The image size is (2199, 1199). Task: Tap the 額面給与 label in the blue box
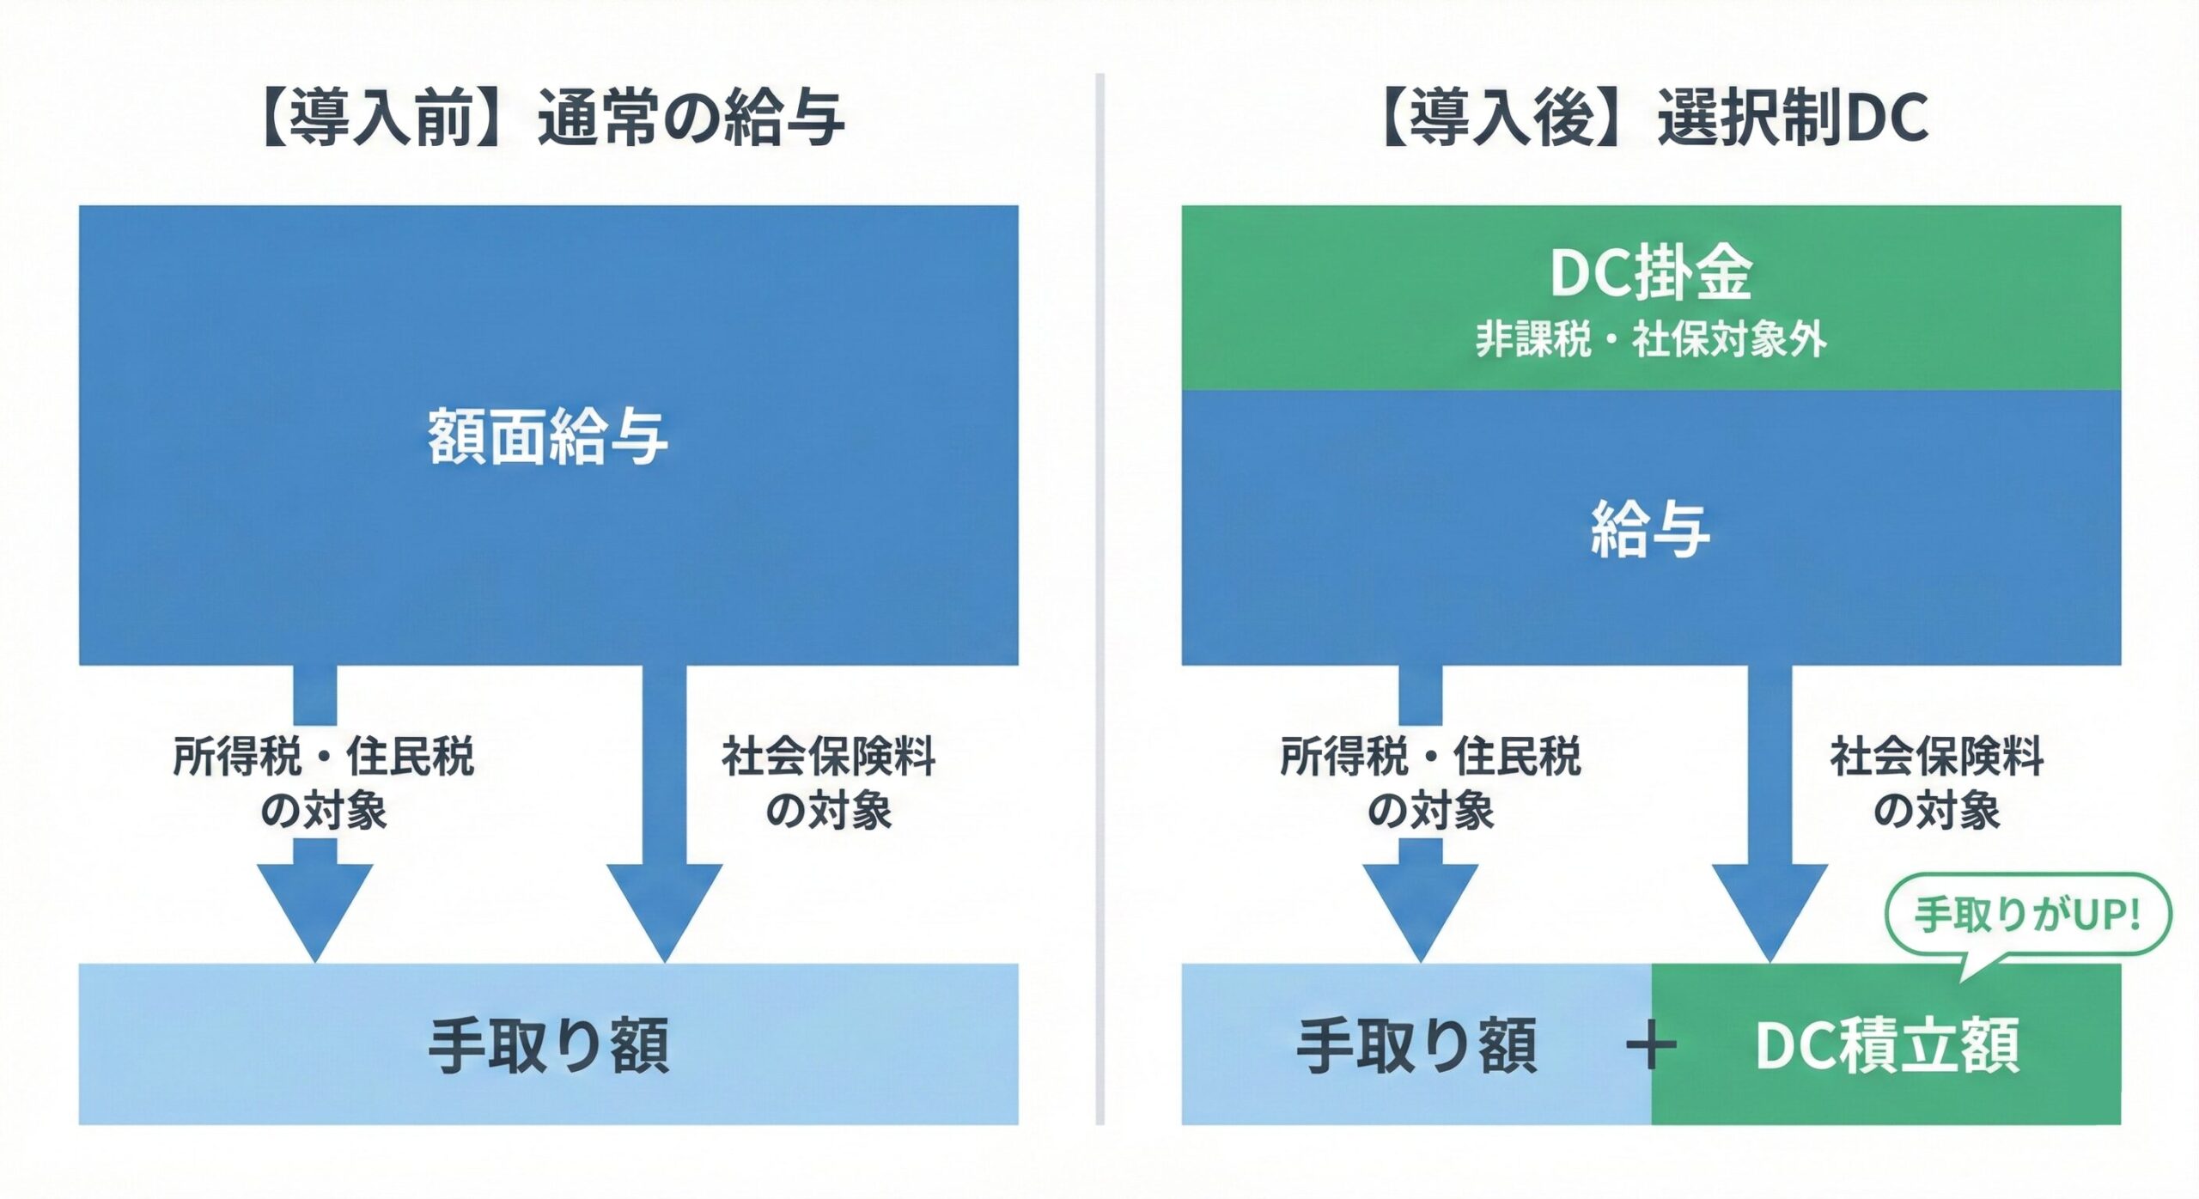(x=548, y=436)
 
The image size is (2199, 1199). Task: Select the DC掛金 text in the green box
(x=1651, y=273)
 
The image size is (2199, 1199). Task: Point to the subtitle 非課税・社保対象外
(x=1651, y=338)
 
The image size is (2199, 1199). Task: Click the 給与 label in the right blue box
(x=1651, y=529)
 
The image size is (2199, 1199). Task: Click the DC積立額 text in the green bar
(x=1886, y=1046)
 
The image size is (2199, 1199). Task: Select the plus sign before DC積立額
(x=1651, y=1046)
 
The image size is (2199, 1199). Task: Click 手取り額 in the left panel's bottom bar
(x=548, y=1046)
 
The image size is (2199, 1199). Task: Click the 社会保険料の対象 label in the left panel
(x=828, y=783)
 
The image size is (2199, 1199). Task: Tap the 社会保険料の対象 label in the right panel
(x=1936, y=783)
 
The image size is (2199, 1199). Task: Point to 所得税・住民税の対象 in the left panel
(x=323, y=783)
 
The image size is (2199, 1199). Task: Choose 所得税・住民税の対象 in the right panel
(x=1429, y=783)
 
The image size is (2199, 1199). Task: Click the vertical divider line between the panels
(x=1099, y=601)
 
